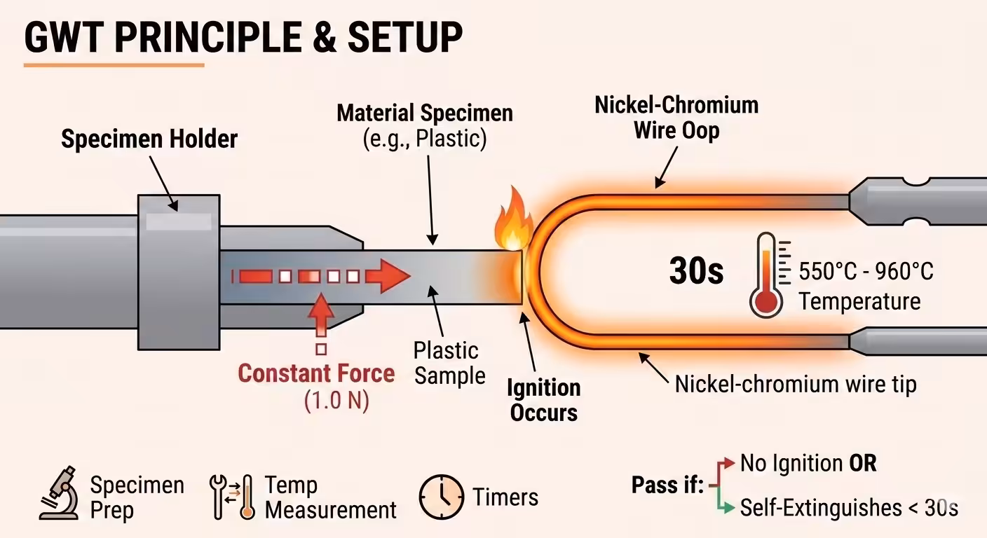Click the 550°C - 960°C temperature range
pos(866,271)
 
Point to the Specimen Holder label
pos(149,139)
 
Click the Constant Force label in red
pos(316,373)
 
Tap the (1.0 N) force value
pos(336,401)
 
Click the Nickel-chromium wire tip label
pos(796,384)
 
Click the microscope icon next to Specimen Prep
pos(60,494)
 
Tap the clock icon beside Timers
pos(442,497)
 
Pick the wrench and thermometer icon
pos(232,496)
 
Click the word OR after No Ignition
pos(863,463)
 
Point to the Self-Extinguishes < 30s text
pos(849,507)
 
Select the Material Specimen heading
pos(425,113)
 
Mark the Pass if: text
pos(667,485)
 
